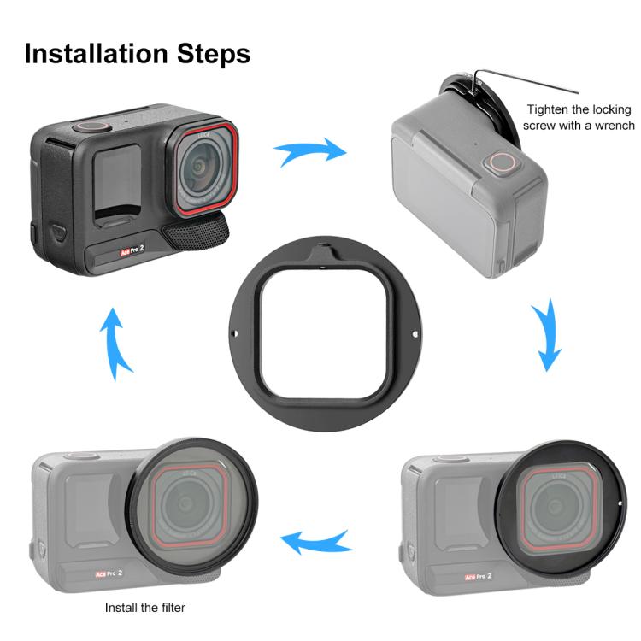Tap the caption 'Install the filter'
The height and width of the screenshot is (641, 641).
[145, 609]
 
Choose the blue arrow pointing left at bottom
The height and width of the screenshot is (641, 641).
[317, 540]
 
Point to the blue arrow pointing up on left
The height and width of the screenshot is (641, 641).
[116, 342]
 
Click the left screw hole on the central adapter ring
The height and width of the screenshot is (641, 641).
[236, 334]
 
